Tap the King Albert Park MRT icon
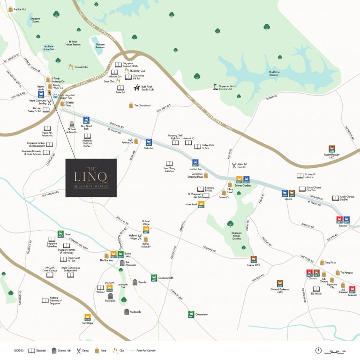coord(86,120)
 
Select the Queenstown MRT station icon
coord(191,314)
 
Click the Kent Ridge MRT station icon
coord(87,317)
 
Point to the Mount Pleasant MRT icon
coord(332,148)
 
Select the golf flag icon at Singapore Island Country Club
coord(216,86)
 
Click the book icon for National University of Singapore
coord(45,300)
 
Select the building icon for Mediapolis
coord(126,312)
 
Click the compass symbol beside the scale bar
coord(319,350)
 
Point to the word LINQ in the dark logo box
coord(90,176)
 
